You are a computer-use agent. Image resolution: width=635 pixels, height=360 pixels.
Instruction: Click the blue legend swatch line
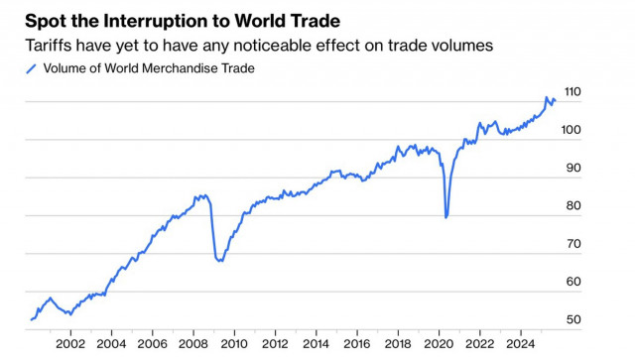(30, 68)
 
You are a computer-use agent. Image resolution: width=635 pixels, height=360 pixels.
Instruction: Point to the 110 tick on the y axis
(573, 93)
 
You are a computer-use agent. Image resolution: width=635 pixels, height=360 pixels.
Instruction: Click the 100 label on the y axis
(573, 131)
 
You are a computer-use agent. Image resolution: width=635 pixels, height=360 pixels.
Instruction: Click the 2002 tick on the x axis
(70, 344)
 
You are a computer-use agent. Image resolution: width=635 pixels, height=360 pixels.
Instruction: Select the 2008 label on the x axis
(193, 344)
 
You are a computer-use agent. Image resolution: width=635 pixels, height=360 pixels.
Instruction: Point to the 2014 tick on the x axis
(316, 344)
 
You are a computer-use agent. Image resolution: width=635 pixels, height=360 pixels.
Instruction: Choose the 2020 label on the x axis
(439, 344)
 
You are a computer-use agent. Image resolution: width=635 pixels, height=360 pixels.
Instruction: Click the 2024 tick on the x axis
(520, 344)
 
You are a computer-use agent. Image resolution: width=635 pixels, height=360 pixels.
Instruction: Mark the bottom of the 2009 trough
(218, 261)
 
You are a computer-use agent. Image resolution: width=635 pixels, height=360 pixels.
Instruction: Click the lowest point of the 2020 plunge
(446, 217)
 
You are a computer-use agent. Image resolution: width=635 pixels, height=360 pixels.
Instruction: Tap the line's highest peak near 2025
(547, 97)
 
